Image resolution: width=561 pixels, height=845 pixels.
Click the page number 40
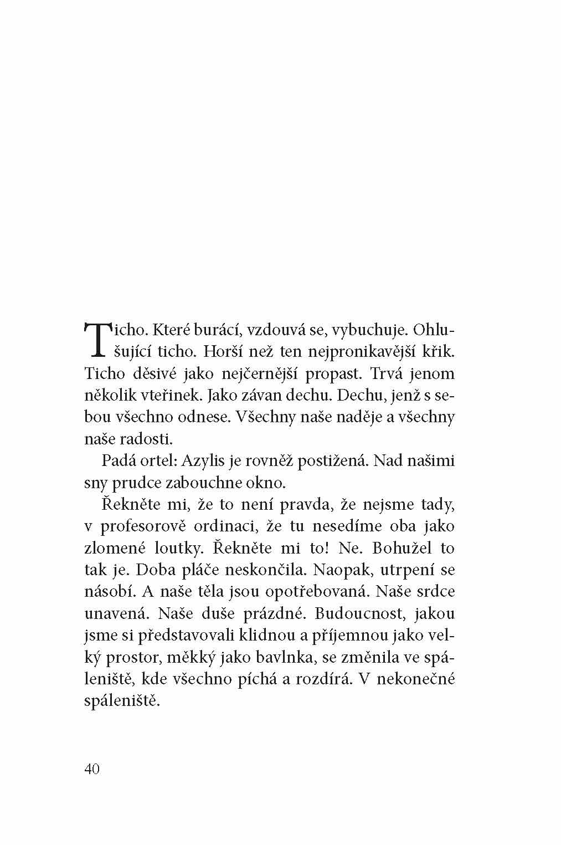[x=92, y=769]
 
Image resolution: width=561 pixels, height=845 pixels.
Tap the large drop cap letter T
[x=96, y=339]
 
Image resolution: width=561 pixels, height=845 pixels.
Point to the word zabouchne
[x=203, y=483]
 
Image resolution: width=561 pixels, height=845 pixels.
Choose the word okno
[x=267, y=483]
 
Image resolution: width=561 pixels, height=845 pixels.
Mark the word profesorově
[x=148, y=526]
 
